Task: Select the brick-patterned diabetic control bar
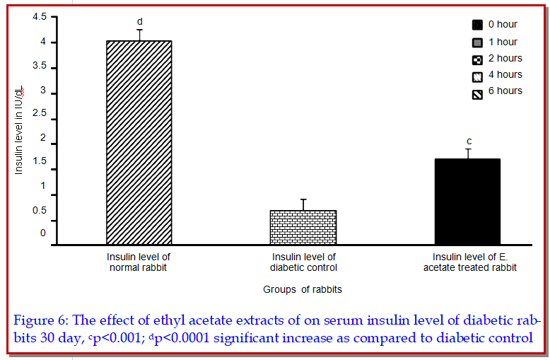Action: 303,227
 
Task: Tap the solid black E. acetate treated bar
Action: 467,202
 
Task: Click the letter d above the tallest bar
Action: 139,22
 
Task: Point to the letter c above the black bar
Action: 468,141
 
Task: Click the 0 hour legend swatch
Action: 477,25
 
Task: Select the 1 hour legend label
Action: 503,42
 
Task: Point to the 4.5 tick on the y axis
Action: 40,16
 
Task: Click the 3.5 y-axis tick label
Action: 40,67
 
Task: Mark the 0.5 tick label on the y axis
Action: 40,210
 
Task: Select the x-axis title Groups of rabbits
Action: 303,289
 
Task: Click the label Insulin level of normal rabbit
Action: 139,262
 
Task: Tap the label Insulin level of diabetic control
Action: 303,262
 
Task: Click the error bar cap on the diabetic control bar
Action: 303,199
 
